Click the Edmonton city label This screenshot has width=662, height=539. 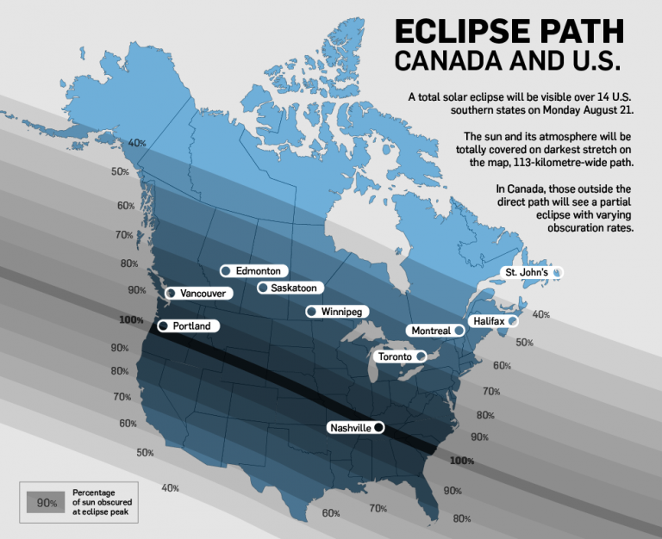[x=258, y=270]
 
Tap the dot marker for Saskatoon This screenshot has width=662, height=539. [x=262, y=288]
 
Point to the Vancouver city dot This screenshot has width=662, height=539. [x=171, y=294]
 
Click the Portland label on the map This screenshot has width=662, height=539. [x=191, y=326]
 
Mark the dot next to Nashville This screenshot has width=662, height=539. [x=378, y=428]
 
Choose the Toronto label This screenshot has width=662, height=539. [x=394, y=356]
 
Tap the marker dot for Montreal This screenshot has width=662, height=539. [x=459, y=331]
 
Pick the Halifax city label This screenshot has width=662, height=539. [x=489, y=321]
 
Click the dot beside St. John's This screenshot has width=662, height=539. [x=557, y=273]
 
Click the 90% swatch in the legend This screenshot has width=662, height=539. [x=47, y=500]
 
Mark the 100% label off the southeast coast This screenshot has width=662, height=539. [x=462, y=461]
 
